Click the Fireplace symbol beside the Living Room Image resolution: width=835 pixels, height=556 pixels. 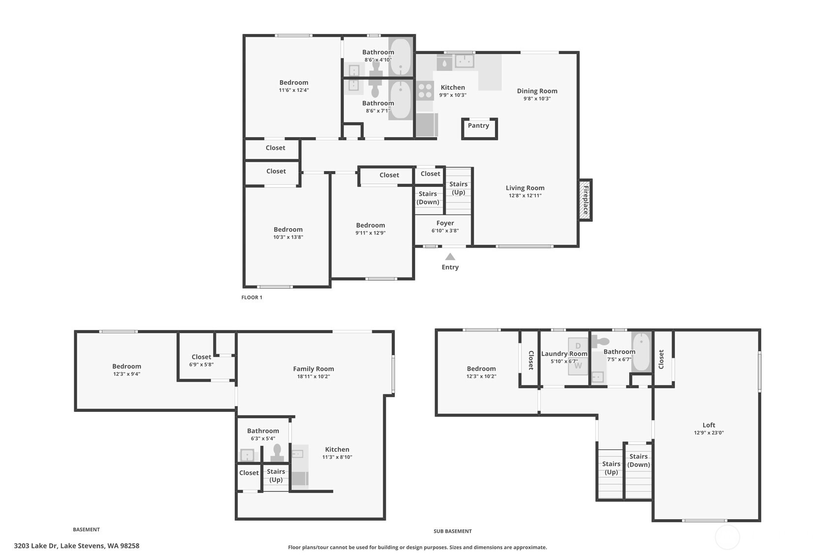coord(585,200)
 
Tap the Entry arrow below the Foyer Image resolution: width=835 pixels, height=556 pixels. coord(450,257)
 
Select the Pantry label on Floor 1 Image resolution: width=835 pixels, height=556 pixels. coord(478,126)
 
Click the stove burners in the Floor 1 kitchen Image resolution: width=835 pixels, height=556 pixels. coord(425,91)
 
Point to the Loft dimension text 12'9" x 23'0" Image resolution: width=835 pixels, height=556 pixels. coord(709,433)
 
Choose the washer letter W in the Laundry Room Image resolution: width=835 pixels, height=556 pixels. coord(578,366)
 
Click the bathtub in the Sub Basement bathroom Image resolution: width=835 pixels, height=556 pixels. coord(641,352)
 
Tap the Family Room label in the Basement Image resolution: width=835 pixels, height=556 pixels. coord(313,369)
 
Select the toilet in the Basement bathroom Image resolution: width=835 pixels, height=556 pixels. coord(277,452)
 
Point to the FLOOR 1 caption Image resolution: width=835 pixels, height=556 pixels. coord(251,297)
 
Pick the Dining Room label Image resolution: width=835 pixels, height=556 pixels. coord(537,91)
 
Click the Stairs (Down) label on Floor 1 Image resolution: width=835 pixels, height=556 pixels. coord(428,198)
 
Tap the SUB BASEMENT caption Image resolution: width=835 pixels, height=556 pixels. coord(452,531)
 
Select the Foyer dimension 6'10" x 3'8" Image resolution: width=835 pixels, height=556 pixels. coord(445,231)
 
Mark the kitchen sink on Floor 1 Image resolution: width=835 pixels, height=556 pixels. coord(464,61)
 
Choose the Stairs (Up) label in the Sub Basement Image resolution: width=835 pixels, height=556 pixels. coord(611,468)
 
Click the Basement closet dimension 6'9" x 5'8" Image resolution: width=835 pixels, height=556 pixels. coord(201,365)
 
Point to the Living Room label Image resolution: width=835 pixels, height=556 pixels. coord(525,188)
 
